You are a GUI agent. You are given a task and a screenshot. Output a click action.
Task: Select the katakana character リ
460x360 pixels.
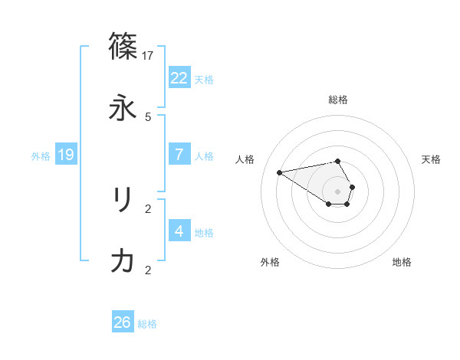point(123,200)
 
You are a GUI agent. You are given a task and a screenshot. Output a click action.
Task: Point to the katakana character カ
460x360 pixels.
point(123,261)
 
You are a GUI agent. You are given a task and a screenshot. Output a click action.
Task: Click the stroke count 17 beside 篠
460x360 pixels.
point(149,55)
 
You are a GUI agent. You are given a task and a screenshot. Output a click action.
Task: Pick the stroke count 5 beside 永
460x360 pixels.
point(148,116)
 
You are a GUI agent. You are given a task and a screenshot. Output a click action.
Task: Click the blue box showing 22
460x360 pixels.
point(179,78)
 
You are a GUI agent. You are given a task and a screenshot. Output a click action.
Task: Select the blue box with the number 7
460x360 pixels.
point(179,155)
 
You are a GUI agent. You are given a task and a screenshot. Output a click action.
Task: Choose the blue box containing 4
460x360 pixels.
point(179,231)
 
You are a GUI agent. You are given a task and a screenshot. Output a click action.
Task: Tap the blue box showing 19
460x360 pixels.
point(66,155)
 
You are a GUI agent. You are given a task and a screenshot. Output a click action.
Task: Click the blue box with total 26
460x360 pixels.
point(123,322)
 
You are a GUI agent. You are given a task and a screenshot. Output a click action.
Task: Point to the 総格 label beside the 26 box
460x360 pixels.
point(147,324)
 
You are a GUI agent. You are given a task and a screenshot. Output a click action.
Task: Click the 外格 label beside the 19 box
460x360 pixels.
point(41,155)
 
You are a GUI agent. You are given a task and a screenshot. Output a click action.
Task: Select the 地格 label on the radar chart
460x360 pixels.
point(402,262)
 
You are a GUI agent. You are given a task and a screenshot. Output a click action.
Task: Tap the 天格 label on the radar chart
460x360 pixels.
point(432,159)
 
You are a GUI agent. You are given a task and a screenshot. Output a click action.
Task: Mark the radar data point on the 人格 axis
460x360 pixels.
point(280,172)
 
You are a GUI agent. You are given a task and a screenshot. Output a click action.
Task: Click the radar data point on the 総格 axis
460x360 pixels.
point(338,161)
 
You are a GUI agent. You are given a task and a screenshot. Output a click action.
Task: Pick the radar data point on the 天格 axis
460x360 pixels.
point(352,187)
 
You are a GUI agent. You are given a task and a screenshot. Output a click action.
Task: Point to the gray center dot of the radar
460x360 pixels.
point(338,191)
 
